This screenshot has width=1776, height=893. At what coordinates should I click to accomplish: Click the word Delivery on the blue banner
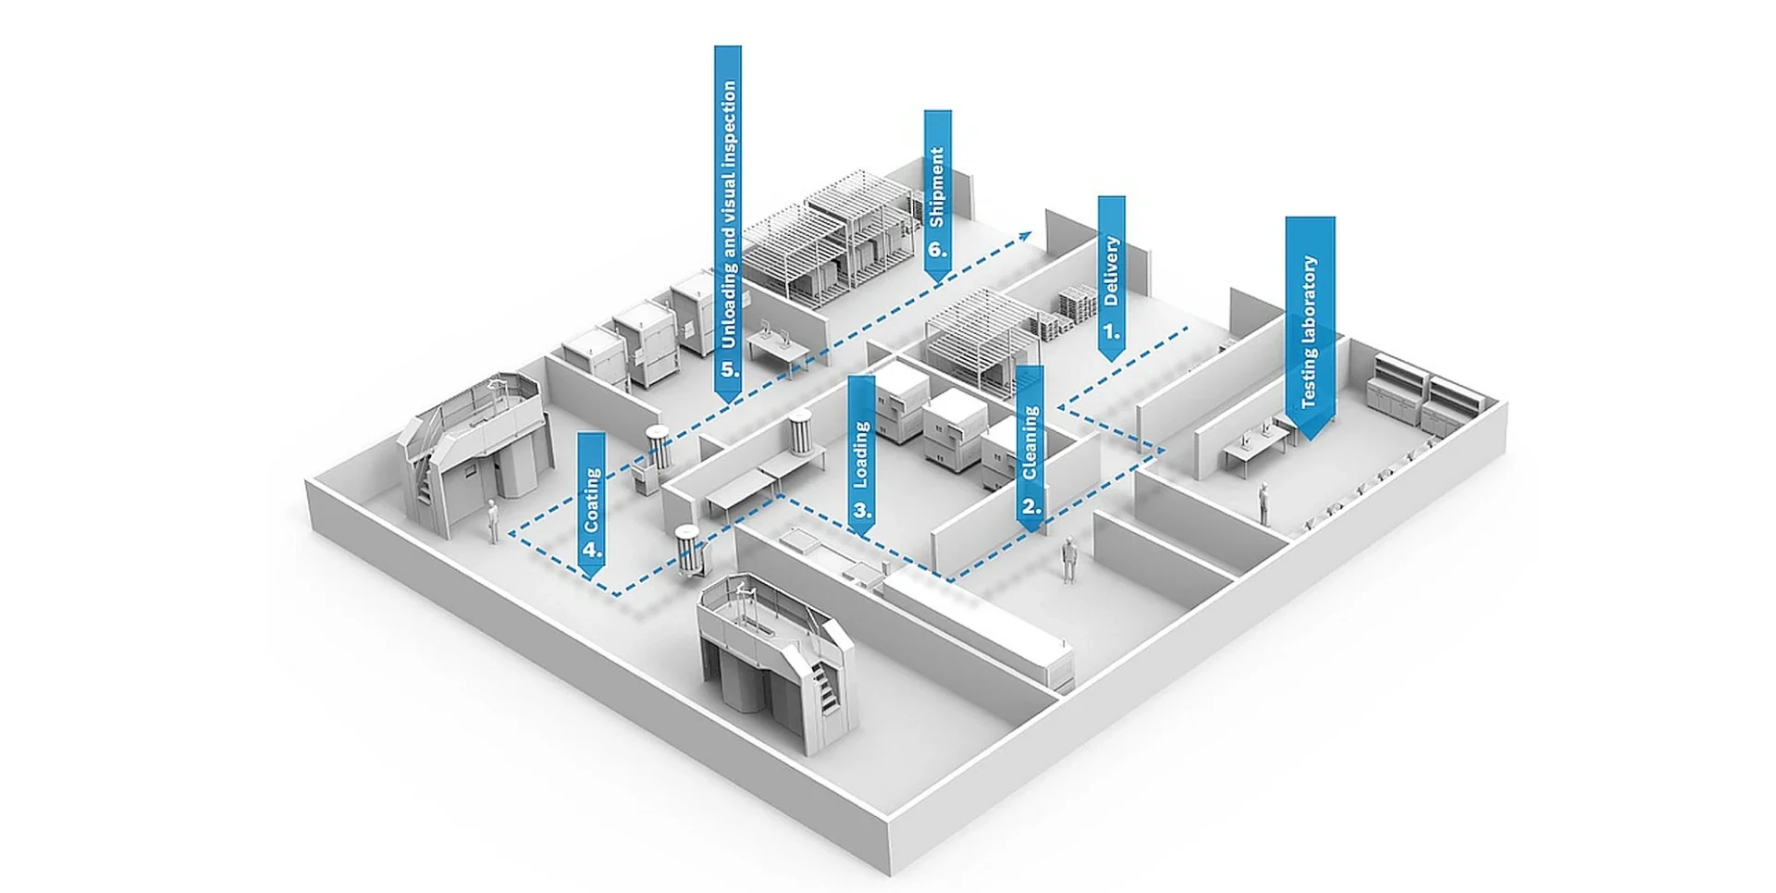coord(1112,271)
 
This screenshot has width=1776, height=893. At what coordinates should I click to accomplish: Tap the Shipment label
coord(937,187)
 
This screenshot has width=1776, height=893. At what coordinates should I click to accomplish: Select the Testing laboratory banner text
coord(1309,331)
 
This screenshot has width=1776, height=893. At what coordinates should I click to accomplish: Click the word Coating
coord(592,501)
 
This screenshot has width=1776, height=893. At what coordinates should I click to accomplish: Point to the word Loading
coord(861,454)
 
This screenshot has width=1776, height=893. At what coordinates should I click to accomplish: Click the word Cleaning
coord(1030,443)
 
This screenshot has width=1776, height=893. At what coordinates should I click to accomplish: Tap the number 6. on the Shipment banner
coord(937,249)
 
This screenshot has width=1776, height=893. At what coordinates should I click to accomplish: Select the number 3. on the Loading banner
coord(862,510)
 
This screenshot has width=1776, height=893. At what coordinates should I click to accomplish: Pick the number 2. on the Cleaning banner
coord(1031,506)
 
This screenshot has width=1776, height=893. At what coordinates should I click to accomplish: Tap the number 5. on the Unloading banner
coord(730,369)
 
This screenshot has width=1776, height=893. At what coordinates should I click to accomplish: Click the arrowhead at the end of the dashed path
coord(1026,235)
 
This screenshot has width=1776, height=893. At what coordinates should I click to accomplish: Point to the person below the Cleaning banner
coord(1068,560)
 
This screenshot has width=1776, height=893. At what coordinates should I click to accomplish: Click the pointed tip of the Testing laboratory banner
coord(1310,439)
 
